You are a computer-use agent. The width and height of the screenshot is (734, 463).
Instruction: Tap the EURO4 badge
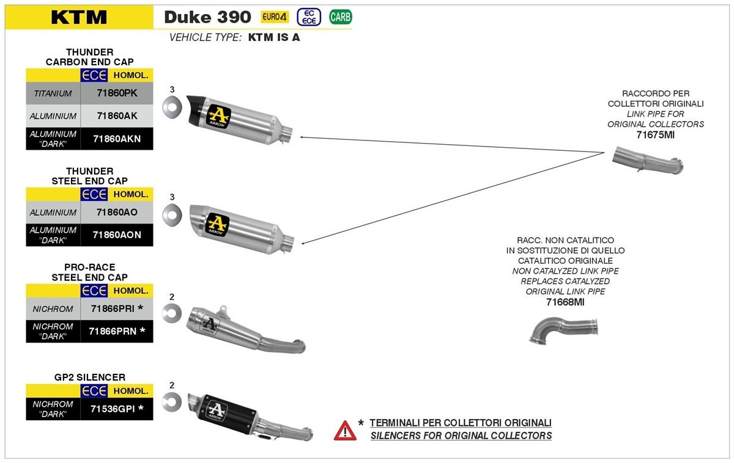click(x=275, y=17)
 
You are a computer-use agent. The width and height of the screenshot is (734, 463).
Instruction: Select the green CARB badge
click(x=340, y=17)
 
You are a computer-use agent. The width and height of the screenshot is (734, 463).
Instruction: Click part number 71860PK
click(x=116, y=93)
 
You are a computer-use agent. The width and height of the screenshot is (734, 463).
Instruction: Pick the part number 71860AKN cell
click(x=116, y=139)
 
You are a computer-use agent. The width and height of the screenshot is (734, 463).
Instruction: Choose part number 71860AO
click(x=116, y=212)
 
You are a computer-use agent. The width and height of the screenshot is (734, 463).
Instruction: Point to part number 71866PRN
click(x=116, y=331)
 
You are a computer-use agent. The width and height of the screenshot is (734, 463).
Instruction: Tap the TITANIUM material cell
click(x=53, y=93)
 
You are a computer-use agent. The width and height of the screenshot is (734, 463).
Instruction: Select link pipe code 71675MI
click(x=655, y=134)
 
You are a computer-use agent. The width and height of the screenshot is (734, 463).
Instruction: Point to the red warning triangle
click(x=345, y=431)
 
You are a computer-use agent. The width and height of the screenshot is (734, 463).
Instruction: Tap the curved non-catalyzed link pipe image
click(x=563, y=330)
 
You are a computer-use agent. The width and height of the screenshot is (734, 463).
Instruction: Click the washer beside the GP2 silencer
click(x=172, y=401)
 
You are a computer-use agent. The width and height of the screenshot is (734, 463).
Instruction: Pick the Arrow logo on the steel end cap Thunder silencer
click(x=218, y=224)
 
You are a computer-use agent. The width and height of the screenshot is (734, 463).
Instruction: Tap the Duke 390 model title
click(x=207, y=17)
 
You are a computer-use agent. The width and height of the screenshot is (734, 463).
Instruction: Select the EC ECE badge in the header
click(x=309, y=17)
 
